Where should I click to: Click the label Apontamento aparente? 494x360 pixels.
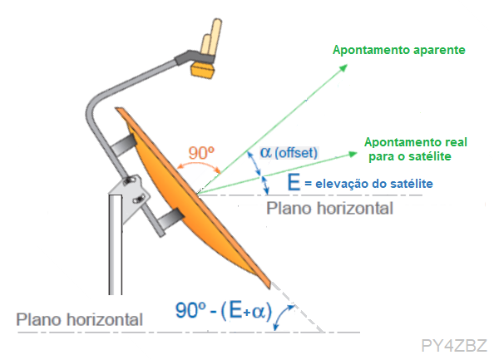click(399, 50)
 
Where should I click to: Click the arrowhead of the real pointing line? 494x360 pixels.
click(353, 155)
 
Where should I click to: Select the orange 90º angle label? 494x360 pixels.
click(201, 153)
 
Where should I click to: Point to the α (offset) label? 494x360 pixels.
click(289, 152)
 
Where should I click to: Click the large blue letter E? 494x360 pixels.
click(294, 182)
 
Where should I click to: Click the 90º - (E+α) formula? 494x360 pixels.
click(224, 310)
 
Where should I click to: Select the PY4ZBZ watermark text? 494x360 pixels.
click(454, 346)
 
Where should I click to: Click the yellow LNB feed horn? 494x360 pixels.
click(202, 70)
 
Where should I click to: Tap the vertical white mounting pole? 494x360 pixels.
click(116, 244)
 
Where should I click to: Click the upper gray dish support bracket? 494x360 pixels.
click(123, 145)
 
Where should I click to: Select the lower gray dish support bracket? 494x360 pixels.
click(170, 219)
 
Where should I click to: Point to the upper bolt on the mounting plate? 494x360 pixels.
click(129, 180)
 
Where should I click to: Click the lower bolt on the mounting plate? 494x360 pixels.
click(139, 200)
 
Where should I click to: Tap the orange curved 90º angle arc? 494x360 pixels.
click(199, 163)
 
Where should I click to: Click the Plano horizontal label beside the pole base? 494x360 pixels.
click(79, 319)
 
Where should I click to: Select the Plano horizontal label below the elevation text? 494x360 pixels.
click(330, 208)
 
